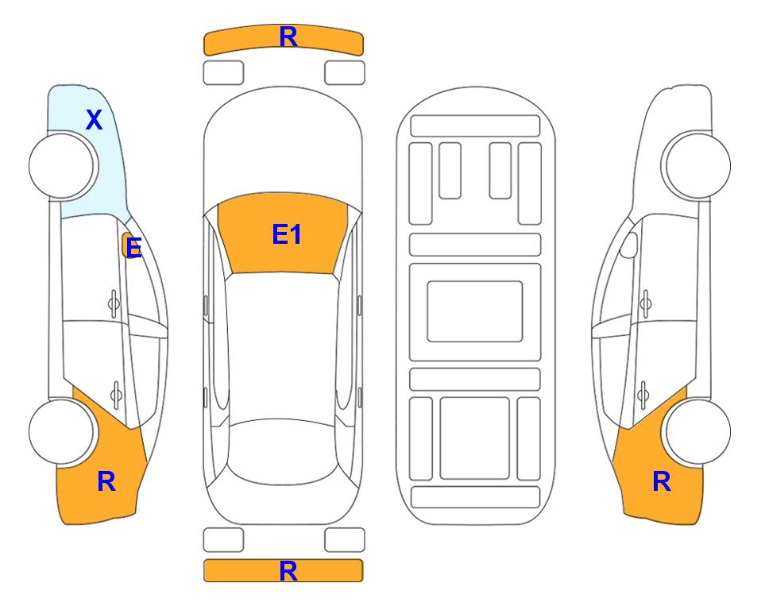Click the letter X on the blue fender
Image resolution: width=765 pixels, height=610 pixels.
(95, 120)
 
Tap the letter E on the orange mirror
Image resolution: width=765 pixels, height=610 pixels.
(133, 247)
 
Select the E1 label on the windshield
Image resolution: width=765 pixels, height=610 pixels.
(287, 234)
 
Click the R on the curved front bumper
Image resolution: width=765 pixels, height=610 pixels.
(288, 37)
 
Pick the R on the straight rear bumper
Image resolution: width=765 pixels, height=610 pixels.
(288, 571)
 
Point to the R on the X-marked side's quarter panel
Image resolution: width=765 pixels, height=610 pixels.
(106, 481)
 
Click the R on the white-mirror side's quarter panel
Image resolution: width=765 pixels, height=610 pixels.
(662, 481)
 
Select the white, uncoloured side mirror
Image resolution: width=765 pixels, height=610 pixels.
(629, 245)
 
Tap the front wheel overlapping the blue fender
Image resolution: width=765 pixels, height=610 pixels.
(63, 166)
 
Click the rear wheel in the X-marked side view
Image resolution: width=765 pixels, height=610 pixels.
(63, 431)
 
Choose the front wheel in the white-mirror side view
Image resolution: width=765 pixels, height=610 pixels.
(697, 166)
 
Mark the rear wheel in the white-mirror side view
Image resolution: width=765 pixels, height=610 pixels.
(697, 431)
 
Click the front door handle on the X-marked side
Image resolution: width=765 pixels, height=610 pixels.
(114, 303)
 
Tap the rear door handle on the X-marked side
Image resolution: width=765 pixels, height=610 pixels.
(116, 394)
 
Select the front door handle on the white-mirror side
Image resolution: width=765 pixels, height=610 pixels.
(646, 303)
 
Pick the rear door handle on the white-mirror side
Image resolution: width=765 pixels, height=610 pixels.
(643, 394)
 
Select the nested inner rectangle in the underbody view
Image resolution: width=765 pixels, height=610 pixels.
(475, 311)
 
